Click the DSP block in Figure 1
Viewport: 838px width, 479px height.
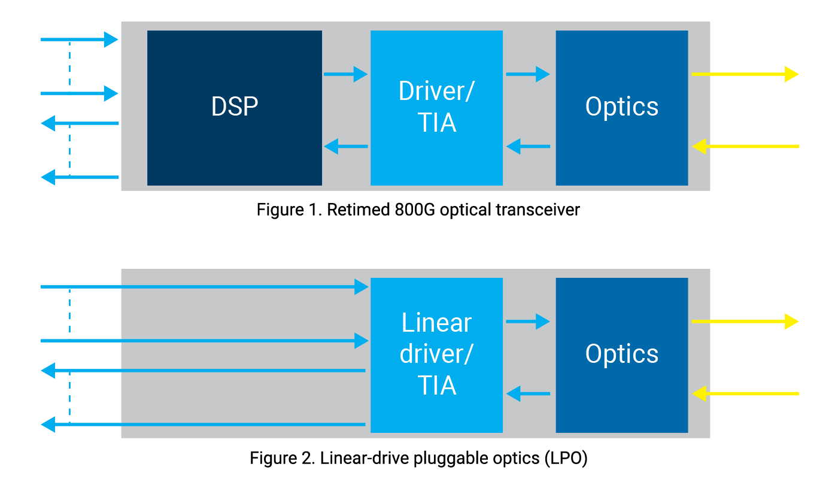point(235,108)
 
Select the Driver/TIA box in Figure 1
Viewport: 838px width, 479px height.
point(436,108)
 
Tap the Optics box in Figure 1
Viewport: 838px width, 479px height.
point(621,108)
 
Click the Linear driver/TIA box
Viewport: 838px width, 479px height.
point(436,354)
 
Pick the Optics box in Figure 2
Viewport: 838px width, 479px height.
point(621,354)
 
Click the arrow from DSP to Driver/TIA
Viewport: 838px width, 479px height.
point(345,74)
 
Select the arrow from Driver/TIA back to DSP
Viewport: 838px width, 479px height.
point(345,145)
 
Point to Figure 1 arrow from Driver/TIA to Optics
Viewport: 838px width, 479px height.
point(527,74)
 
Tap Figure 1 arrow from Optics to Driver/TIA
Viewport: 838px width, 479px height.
point(527,145)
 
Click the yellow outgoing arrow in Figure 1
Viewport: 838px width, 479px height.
point(745,74)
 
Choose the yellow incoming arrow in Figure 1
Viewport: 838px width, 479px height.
point(745,145)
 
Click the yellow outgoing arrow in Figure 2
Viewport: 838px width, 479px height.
point(745,322)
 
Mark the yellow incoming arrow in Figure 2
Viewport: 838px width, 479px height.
point(745,393)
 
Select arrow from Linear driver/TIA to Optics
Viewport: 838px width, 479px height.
point(527,322)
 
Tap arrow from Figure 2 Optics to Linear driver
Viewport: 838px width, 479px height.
point(527,393)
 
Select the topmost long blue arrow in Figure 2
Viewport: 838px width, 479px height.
point(204,287)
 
